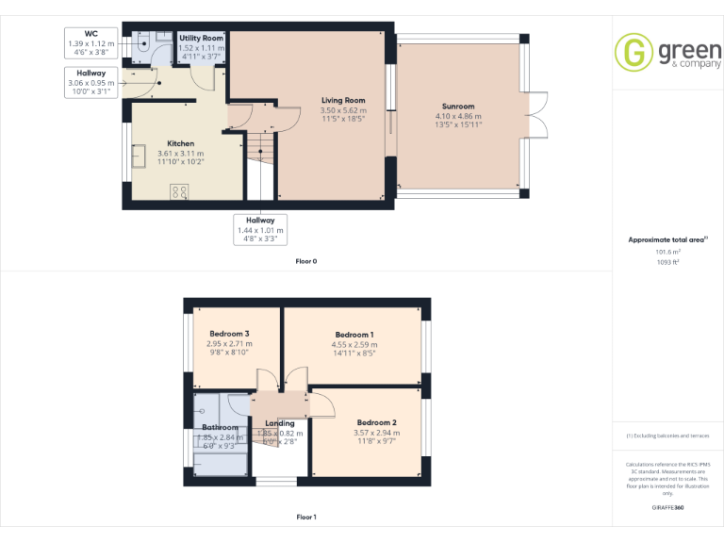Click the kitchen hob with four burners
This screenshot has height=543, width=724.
point(179,191)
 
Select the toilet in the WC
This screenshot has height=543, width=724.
point(143,42)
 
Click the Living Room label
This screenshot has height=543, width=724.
point(343,101)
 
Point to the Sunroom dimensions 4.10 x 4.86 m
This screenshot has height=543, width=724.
point(458,116)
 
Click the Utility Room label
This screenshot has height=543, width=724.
point(201,38)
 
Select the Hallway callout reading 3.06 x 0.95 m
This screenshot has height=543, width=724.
point(91,82)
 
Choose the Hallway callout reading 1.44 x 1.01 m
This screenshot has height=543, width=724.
point(261,229)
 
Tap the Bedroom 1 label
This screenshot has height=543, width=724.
point(354,335)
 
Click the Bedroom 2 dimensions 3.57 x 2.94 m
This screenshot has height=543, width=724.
point(375,433)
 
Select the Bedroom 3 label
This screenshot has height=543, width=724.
point(229,335)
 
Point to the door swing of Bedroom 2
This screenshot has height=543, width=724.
point(322,403)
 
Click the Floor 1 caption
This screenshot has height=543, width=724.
point(305,517)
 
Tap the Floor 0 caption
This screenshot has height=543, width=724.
point(305,260)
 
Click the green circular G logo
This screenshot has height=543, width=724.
point(633,52)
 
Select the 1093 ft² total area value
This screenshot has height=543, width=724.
point(667,262)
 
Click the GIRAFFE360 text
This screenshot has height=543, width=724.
point(667,507)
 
